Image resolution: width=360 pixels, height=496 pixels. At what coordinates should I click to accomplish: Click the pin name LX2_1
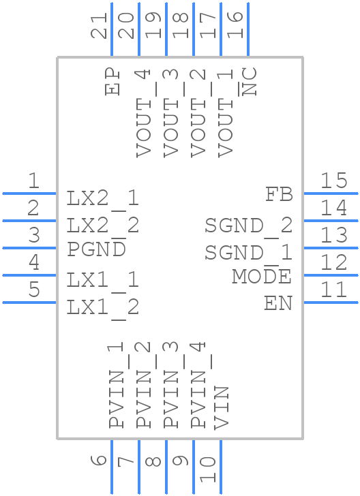pyautogui.click(x=103, y=198)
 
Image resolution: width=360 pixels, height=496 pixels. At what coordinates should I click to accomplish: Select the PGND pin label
pyautogui.click(x=96, y=249)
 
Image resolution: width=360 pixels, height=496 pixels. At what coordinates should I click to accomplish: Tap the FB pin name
pyautogui.click(x=279, y=195)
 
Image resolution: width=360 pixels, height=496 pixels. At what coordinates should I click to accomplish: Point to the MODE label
pyautogui.click(x=262, y=277)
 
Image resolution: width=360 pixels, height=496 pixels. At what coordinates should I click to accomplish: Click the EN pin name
pyautogui.click(x=278, y=304)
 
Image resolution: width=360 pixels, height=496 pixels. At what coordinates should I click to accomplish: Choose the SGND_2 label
pyautogui.click(x=249, y=225)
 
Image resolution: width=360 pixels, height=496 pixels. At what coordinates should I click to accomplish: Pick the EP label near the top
pyautogui.click(x=112, y=82)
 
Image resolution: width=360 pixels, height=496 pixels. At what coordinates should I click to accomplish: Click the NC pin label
pyautogui.click(x=250, y=82)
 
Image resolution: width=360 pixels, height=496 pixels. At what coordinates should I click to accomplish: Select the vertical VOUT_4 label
pyautogui.click(x=142, y=113)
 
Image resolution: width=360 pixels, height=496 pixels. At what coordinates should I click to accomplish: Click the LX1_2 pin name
pyautogui.click(x=103, y=307)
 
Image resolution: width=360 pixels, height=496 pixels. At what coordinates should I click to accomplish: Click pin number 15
pyautogui.click(x=334, y=181)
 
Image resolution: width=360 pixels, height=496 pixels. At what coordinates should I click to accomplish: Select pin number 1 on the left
pyautogui.click(x=33, y=181)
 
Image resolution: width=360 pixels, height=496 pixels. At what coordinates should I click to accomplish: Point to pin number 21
pyautogui.click(x=100, y=27)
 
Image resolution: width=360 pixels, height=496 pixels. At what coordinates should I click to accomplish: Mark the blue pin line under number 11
pyautogui.click(x=330, y=303)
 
